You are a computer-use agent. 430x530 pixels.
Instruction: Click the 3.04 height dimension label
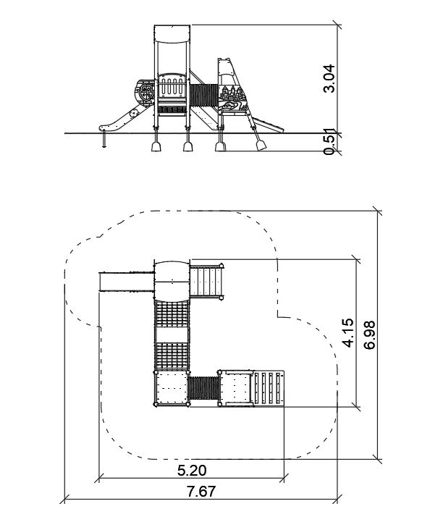pos(329,78)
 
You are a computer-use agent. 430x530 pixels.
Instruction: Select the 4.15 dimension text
pos(348,332)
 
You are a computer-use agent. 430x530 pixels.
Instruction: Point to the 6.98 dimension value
pos(369,335)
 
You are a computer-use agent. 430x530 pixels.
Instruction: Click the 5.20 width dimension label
pos(192,470)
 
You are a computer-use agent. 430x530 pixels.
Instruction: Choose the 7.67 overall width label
pos(201,491)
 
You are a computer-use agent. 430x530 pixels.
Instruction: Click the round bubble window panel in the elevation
pos(145,91)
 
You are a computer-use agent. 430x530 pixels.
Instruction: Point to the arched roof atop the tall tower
pos(172,34)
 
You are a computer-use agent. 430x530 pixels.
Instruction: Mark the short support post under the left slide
pos(104,140)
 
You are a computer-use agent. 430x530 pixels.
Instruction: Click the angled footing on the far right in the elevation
pos(261,146)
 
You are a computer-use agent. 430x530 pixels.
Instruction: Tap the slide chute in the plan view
pos(126,282)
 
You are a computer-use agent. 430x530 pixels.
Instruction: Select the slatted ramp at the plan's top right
pos(206,282)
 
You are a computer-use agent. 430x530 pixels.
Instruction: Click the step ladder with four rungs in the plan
pos(269,388)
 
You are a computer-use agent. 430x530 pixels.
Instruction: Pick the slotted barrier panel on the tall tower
pos(172,86)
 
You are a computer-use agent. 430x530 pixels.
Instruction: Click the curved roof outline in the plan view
pos(172,281)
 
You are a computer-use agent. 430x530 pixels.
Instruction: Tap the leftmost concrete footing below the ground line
pos(156,146)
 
